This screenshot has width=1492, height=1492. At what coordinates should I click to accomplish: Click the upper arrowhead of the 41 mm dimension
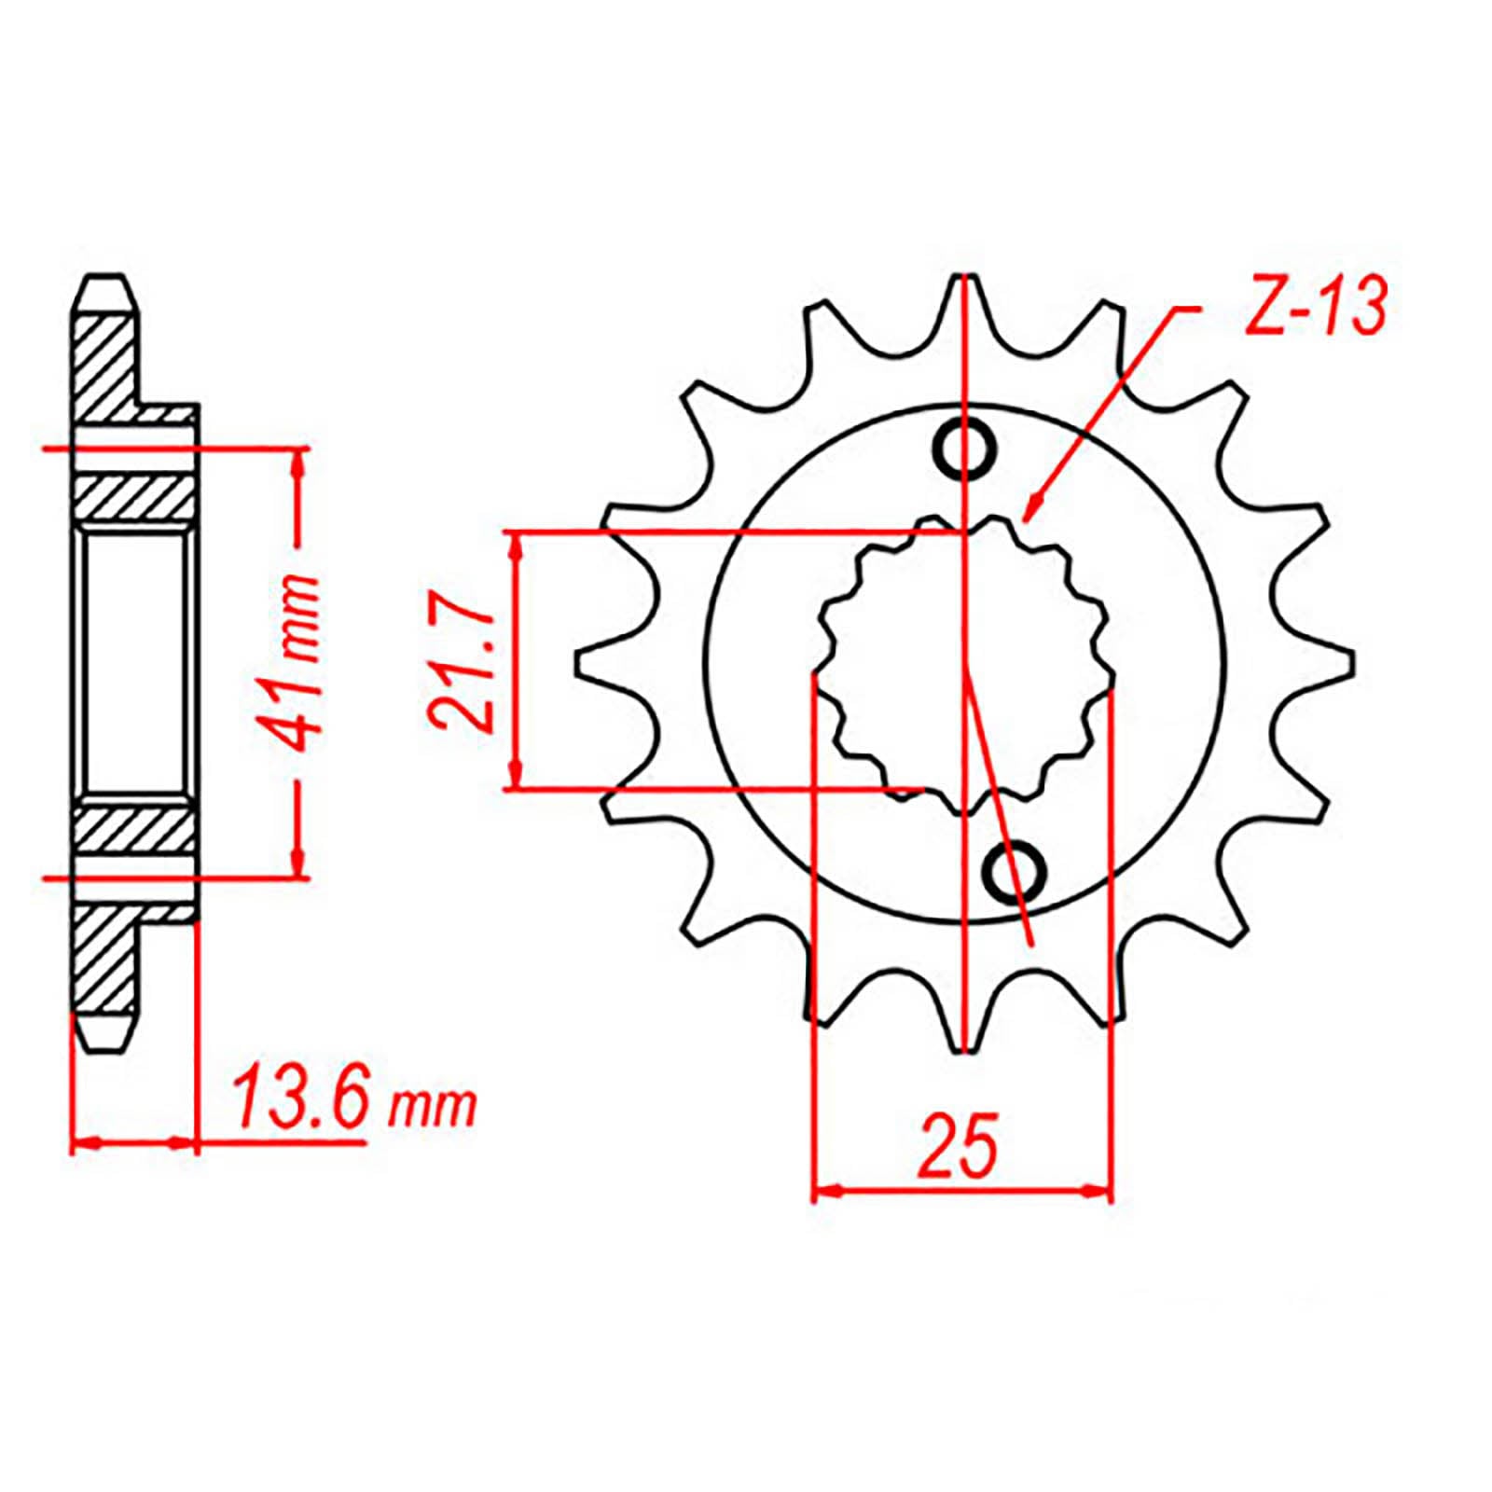(298, 462)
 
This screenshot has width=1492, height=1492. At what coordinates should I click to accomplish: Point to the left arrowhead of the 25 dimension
(825, 1191)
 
